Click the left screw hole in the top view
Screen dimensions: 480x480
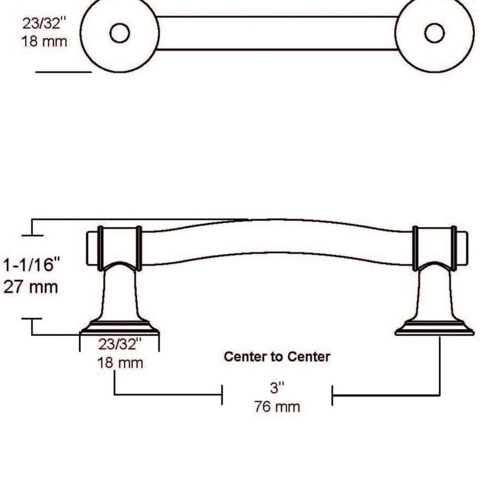[x=120, y=33]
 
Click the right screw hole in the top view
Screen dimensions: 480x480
[x=435, y=33]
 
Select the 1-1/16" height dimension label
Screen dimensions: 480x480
[x=31, y=265]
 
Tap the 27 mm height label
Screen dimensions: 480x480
[x=31, y=288]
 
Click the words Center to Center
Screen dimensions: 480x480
[x=277, y=357]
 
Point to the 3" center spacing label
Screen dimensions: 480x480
[x=277, y=388]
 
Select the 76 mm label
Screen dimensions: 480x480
[x=277, y=407]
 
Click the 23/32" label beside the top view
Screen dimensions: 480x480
[x=44, y=23]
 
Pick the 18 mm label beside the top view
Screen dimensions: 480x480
[x=44, y=41]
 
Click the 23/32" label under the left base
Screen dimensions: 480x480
[x=120, y=344]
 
